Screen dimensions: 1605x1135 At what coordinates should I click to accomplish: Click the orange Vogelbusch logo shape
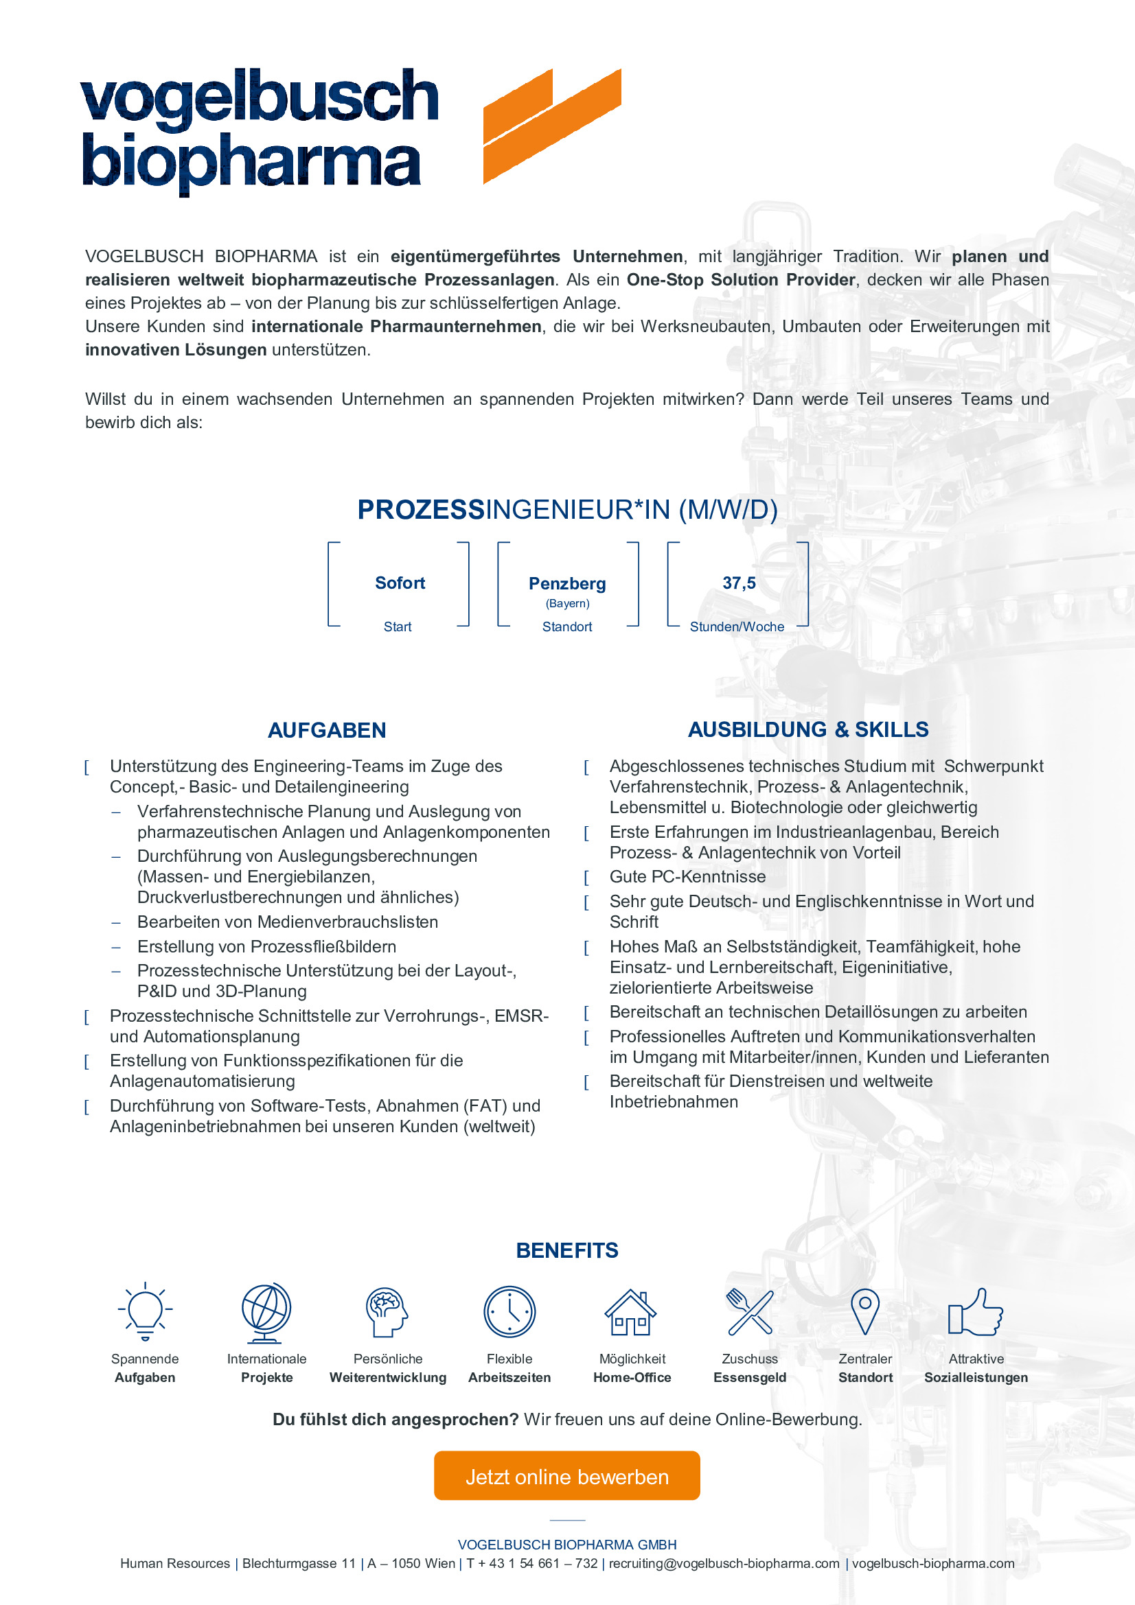(551, 126)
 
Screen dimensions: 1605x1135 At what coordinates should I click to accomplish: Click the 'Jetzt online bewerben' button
(566, 1477)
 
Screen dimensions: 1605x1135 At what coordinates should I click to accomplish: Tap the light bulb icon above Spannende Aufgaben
(145, 1311)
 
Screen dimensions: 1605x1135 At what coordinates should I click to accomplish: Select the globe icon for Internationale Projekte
(266, 1312)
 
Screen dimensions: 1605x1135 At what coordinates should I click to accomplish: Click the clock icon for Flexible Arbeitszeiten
(509, 1311)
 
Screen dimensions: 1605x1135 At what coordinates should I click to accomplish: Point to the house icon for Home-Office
(631, 1312)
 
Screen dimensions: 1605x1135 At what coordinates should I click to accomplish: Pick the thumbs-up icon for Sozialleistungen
(976, 1312)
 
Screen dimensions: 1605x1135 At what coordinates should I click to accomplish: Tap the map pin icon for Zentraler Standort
(865, 1311)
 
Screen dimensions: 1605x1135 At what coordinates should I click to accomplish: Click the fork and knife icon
(750, 1311)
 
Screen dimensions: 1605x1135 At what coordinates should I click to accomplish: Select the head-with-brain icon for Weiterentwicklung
(387, 1312)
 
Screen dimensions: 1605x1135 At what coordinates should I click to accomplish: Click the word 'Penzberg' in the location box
(567, 584)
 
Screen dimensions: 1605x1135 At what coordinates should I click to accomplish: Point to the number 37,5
(740, 583)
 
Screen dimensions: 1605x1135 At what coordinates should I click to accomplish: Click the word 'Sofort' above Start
(400, 583)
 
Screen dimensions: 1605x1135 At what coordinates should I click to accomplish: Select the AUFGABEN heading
(327, 731)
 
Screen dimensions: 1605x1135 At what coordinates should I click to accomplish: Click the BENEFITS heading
(567, 1251)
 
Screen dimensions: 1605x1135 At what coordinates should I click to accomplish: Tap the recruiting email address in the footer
(724, 1564)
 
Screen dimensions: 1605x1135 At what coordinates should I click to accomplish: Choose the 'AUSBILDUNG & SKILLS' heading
(808, 730)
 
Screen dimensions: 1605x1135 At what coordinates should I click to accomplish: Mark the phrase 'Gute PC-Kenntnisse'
(687, 876)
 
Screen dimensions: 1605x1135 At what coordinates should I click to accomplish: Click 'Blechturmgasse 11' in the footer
(299, 1564)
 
